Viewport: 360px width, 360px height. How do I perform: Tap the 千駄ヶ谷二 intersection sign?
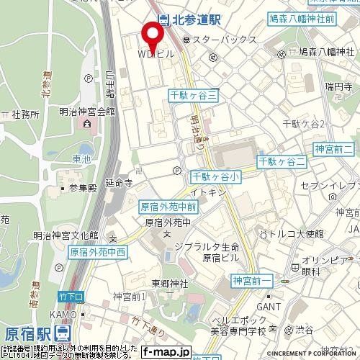[x=281, y=161]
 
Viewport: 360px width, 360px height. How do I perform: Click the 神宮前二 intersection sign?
[x=333, y=148]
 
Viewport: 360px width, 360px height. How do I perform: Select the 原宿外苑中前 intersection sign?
[x=168, y=206]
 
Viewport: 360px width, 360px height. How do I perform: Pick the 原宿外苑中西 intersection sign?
[x=98, y=253]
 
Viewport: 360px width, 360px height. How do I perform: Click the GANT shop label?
[x=265, y=306]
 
